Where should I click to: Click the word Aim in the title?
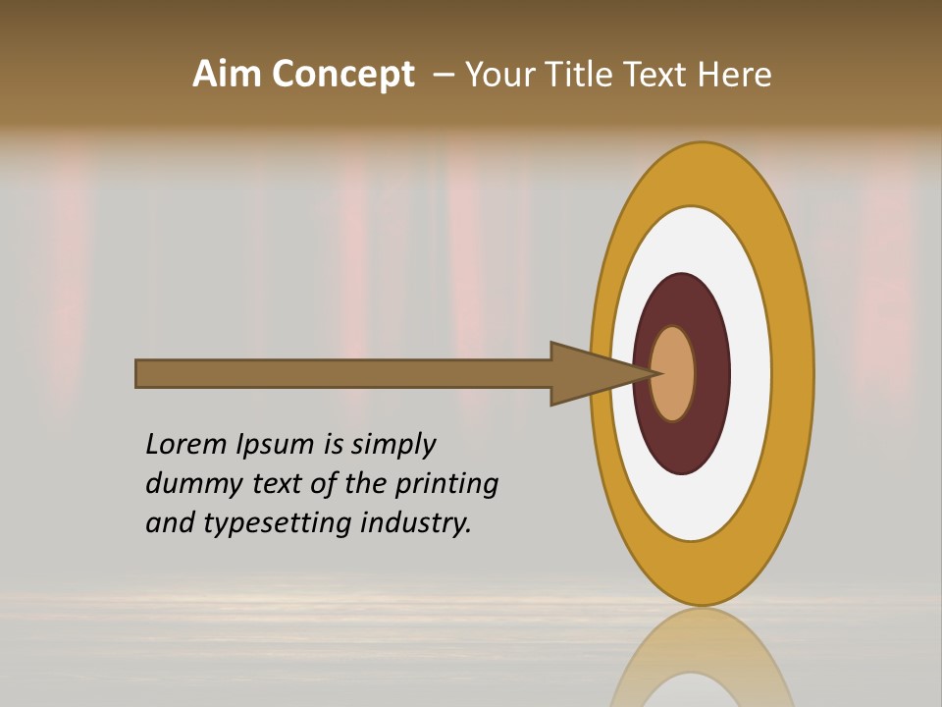coord(227,75)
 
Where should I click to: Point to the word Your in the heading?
coord(499,75)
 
